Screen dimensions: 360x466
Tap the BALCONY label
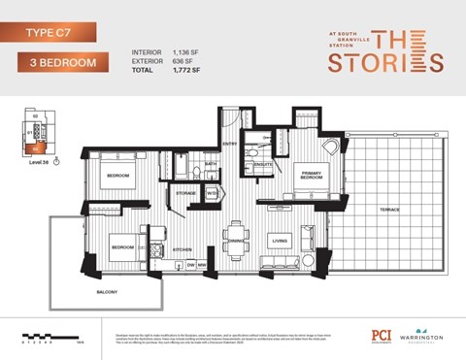108,291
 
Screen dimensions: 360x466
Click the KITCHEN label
183,249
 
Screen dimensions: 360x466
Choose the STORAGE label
186,194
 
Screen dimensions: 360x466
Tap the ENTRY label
230,145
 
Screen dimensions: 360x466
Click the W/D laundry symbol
212,193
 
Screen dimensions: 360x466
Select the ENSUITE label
262,165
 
